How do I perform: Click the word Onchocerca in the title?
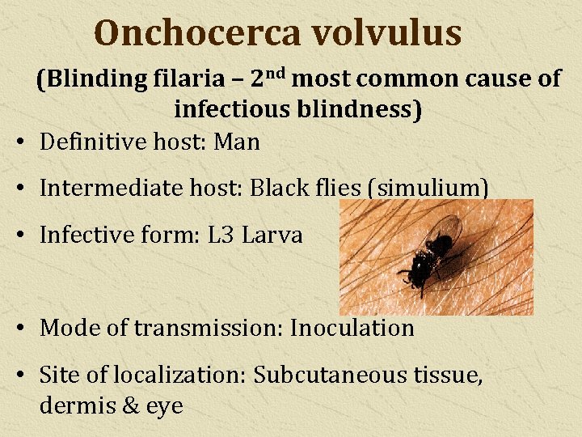pos(197,33)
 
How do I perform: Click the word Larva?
pos(272,235)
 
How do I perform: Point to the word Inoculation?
pos(352,328)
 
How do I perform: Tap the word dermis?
pos(75,405)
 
